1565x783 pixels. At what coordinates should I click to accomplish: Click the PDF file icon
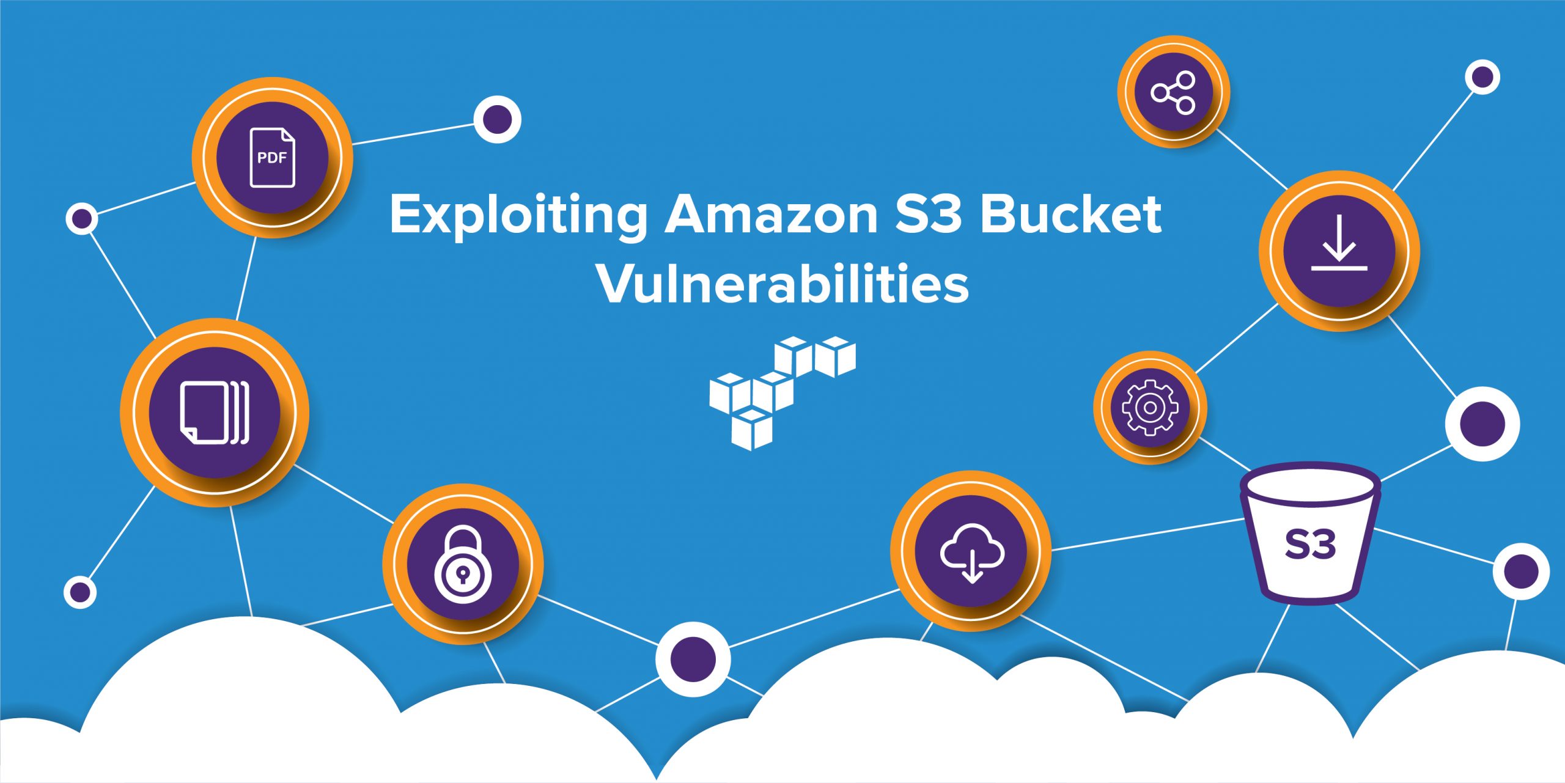point(272,157)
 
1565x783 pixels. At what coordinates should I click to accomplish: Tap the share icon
point(1173,92)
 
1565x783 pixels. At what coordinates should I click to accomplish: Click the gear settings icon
point(1150,408)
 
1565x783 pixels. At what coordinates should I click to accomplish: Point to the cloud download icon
point(971,553)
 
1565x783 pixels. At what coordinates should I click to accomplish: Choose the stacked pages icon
point(215,413)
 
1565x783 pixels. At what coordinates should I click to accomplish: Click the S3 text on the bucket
point(1310,544)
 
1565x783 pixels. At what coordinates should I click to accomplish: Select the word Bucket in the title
point(1071,215)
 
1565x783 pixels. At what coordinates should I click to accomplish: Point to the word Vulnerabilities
point(783,284)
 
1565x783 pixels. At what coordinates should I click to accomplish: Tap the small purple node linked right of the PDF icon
point(498,119)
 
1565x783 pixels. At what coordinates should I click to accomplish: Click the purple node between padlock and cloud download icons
point(693,659)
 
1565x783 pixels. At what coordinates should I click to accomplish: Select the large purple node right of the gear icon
point(1482,424)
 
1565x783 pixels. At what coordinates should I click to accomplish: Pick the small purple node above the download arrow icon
point(1482,77)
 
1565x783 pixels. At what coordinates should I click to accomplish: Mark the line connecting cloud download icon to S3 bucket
point(1149,534)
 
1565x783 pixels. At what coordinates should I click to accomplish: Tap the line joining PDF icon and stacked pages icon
point(246,278)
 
